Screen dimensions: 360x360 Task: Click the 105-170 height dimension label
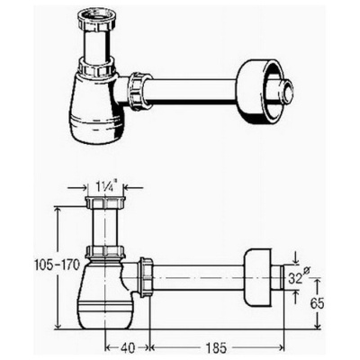[58, 265]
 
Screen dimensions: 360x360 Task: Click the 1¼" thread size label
[104, 187]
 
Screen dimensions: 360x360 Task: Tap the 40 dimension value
[127, 348]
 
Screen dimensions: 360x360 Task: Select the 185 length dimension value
[216, 348]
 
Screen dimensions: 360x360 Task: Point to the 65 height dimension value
[318, 304]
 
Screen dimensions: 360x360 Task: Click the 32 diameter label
[296, 277]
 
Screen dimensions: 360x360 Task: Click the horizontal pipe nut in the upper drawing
[139, 89]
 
